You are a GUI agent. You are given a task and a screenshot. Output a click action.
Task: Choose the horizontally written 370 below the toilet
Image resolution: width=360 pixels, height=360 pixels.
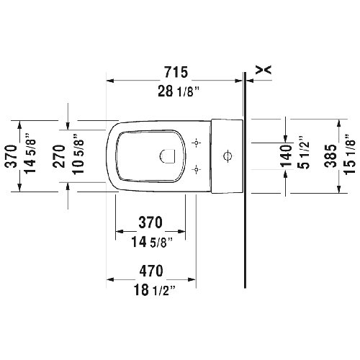tap(150, 221)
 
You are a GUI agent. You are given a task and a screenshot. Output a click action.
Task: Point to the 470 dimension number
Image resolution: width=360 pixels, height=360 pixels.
tap(150, 271)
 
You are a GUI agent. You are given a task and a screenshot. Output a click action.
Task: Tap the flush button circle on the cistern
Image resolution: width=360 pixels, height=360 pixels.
tap(228, 156)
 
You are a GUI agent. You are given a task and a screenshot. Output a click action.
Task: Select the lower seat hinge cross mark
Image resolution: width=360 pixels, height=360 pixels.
tap(197, 170)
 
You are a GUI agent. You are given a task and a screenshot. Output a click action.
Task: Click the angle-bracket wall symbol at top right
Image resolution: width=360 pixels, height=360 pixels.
tap(265, 69)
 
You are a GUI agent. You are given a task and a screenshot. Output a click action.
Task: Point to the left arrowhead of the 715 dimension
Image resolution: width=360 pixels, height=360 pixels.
tap(110, 81)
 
